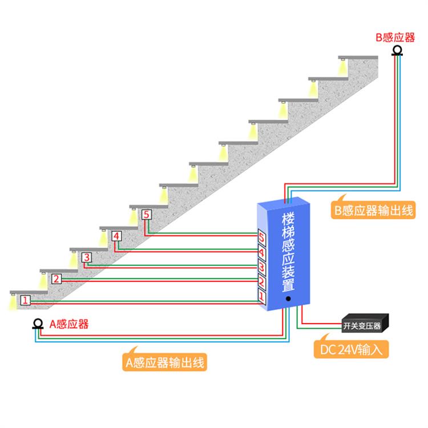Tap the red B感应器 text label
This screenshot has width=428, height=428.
point(395,38)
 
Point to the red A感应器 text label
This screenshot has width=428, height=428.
point(68,325)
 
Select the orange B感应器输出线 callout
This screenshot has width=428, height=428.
point(373,210)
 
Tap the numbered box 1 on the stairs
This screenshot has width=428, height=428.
point(25,300)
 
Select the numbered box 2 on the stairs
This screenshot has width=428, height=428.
point(56,279)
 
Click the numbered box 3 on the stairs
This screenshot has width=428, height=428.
point(86,257)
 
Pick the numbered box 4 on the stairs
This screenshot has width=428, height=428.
point(116,236)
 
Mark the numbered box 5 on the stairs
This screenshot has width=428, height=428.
point(147,215)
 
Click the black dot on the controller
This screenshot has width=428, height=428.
point(289,298)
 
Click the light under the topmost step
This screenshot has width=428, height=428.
point(342,68)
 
